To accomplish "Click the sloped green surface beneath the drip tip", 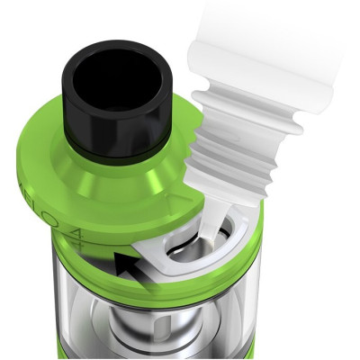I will [x=126, y=180].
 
